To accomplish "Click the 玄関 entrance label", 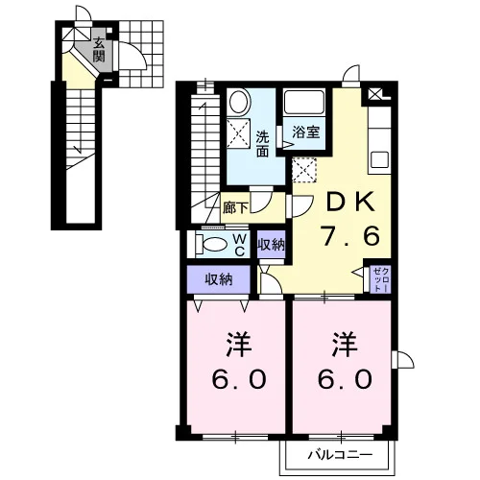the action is click(99, 51).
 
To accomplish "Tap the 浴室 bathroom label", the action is click(306, 132).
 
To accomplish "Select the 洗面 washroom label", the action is click(262, 144).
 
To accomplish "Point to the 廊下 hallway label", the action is click(235, 208).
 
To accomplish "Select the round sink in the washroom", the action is click(239, 101).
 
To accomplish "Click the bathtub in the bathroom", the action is click(304, 102).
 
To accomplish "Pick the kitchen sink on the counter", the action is click(379, 159).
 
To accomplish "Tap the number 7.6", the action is click(351, 236).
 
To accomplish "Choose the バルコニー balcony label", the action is click(340, 455).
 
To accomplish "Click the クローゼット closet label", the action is click(381, 279).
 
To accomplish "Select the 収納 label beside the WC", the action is click(272, 245).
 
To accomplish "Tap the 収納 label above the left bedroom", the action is click(219, 279).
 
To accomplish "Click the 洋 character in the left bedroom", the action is click(238, 345).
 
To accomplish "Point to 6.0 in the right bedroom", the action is click(345, 379).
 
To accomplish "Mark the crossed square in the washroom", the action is click(238, 133).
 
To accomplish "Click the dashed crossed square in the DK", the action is click(304, 170).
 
